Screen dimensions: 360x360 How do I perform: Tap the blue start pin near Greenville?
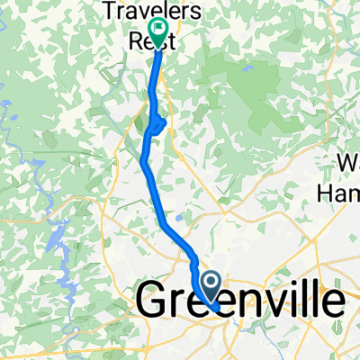click(x=211, y=287)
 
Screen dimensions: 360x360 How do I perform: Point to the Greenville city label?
click(x=240, y=302)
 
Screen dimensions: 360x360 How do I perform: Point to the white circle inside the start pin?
click(x=211, y=282)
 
